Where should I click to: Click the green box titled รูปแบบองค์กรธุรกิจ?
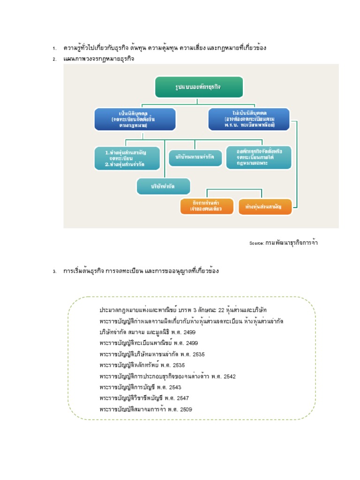click(199, 87)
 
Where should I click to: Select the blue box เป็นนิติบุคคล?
click(135, 119)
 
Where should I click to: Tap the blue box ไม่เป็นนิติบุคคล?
click(248, 119)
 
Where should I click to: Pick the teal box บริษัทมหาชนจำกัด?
click(195, 157)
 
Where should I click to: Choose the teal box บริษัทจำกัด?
click(164, 186)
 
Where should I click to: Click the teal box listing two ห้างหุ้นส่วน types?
click(127, 158)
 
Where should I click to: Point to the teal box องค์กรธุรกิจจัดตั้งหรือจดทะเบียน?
click(258, 157)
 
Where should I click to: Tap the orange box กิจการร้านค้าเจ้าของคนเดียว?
click(206, 206)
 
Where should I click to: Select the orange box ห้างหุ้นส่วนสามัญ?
click(266, 206)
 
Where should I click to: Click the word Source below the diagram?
click(256, 243)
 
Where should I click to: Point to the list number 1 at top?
click(54, 48)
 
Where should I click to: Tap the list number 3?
click(54, 271)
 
